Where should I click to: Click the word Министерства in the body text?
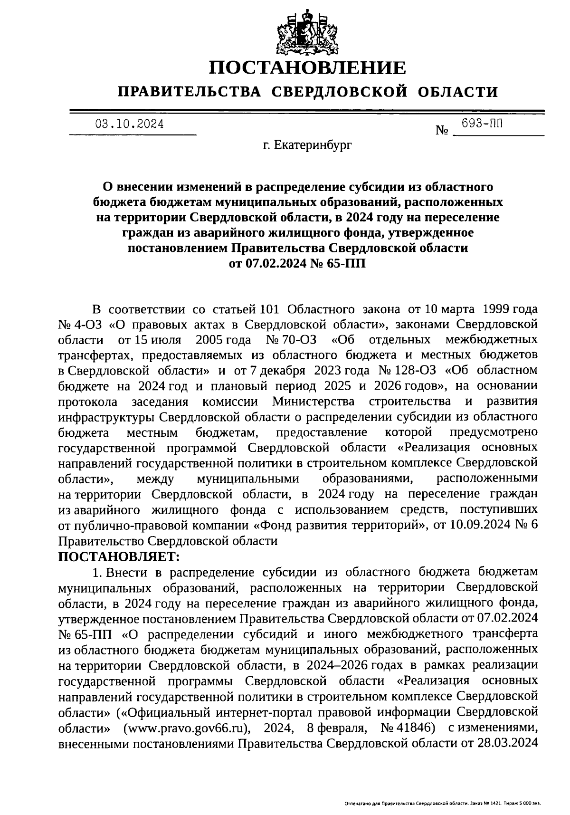point(313,402)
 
